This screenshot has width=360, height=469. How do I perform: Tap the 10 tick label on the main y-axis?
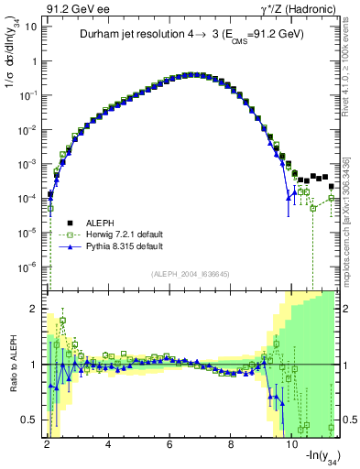pyautogui.click(x=27, y=27)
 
